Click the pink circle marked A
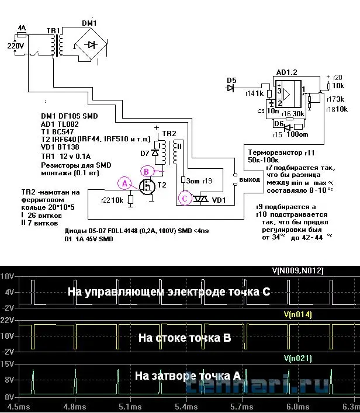pos(123,183)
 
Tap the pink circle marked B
pos(147,171)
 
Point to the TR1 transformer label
pos(53,30)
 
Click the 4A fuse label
pos(22,28)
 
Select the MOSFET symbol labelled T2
pos(146,186)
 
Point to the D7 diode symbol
pos(155,153)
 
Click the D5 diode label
pos(232,79)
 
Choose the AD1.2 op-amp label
pos(288,72)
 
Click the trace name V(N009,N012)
pos(297,270)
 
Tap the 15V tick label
pos(8,364)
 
